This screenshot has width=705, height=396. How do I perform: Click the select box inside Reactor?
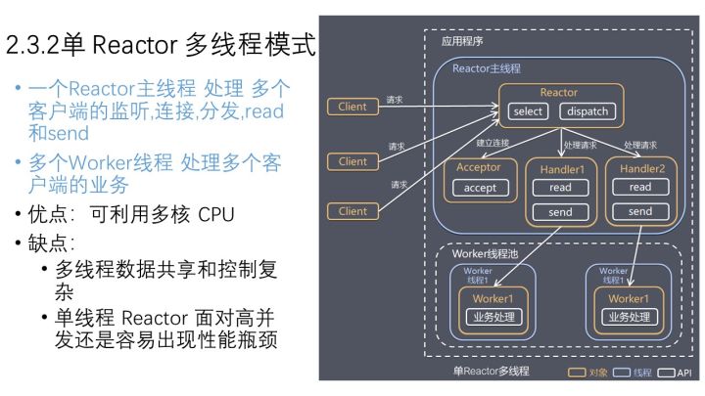tap(528, 111)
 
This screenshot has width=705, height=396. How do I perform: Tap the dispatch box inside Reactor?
tap(587, 111)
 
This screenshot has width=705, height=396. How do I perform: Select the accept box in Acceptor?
tap(480, 188)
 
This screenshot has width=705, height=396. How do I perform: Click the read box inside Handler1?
tap(560, 187)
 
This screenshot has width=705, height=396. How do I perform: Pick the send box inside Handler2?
tap(639, 211)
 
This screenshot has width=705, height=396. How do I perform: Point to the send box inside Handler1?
tap(560, 211)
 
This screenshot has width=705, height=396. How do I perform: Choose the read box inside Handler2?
tap(639, 187)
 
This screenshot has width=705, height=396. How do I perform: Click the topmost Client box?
tap(352, 107)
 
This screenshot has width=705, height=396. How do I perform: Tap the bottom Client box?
tap(352, 210)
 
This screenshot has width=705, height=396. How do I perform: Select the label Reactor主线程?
tap(487, 68)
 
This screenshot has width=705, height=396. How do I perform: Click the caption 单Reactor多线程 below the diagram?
tap(493, 372)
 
